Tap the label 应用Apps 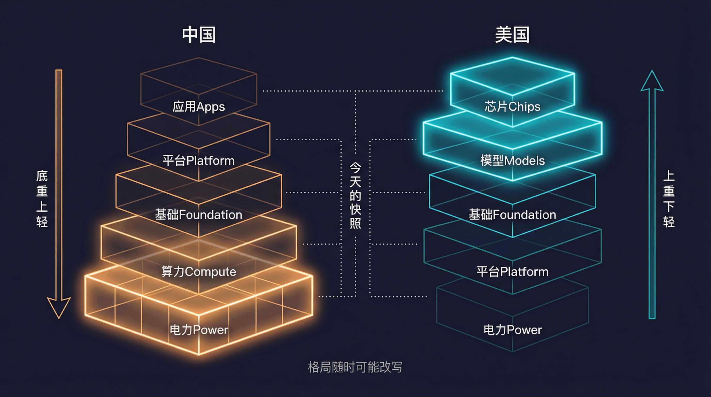(x=199, y=106)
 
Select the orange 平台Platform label (x=199, y=161)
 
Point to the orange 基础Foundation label (x=199, y=215)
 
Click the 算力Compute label (x=199, y=272)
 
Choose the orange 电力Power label (x=199, y=330)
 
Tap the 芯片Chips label (x=512, y=106)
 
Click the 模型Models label (x=512, y=161)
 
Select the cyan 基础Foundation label (x=512, y=215)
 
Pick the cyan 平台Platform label (x=512, y=272)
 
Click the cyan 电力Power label (x=512, y=330)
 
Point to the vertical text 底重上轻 (x=42, y=199)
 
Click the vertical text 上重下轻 (x=669, y=199)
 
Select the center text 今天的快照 (x=355, y=195)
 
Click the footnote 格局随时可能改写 (x=355, y=367)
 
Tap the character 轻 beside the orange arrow (x=42, y=222)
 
